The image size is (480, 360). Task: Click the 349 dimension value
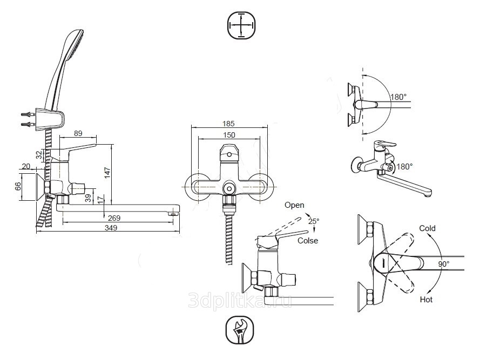[x=111, y=228]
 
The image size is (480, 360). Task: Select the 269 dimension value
[x=114, y=218]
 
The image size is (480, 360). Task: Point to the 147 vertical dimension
[x=107, y=173]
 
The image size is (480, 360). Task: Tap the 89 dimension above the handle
[x=78, y=133]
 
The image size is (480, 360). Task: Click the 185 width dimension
[x=228, y=124]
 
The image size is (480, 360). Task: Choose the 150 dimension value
[x=229, y=135]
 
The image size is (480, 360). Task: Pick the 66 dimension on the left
[x=18, y=186]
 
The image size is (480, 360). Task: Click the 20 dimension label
[x=26, y=166]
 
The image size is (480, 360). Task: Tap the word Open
[x=294, y=205]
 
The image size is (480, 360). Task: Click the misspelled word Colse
[x=308, y=241]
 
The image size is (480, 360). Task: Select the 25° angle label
[x=314, y=221]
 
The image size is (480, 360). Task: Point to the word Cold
[x=427, y=228]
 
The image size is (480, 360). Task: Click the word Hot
[x=426, y=300]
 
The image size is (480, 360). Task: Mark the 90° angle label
[x=444, y=264]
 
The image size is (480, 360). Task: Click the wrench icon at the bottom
[x=240, y=330]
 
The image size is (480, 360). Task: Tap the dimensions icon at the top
[x=241, y=25]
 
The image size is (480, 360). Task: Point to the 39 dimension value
[x=88, y=198]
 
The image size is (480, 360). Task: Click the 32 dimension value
[x=39, y=155]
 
